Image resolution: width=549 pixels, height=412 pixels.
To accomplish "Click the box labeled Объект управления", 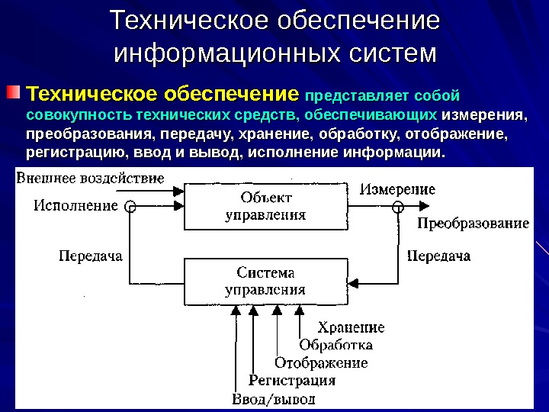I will pos(265,206).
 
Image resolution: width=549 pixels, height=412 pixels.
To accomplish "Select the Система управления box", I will pos(265,281).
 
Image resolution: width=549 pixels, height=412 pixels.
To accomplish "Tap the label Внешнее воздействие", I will pos(90,179).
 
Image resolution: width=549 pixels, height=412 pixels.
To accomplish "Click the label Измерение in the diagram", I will pos(398,188).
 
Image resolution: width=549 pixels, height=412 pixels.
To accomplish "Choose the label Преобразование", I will pos(473,224).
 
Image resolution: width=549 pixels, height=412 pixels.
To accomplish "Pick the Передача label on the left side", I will pos(91,256).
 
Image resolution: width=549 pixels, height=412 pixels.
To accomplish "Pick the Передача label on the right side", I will pos(438,256).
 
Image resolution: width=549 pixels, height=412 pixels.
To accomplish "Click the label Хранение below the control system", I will pos(351,328).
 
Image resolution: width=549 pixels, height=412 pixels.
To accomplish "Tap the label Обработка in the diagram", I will pos(335,345).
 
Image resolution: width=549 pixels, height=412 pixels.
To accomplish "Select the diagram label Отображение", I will pos(321,362).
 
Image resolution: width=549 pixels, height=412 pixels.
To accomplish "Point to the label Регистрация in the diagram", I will pos(293,380).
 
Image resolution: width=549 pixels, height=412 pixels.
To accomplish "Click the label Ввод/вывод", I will pos(273,398).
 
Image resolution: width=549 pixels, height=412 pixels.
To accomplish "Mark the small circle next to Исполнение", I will pos(130,206).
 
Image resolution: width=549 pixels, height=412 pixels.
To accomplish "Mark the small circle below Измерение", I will pos(397,206).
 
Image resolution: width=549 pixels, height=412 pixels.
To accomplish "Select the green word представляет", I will pos(348,97).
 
